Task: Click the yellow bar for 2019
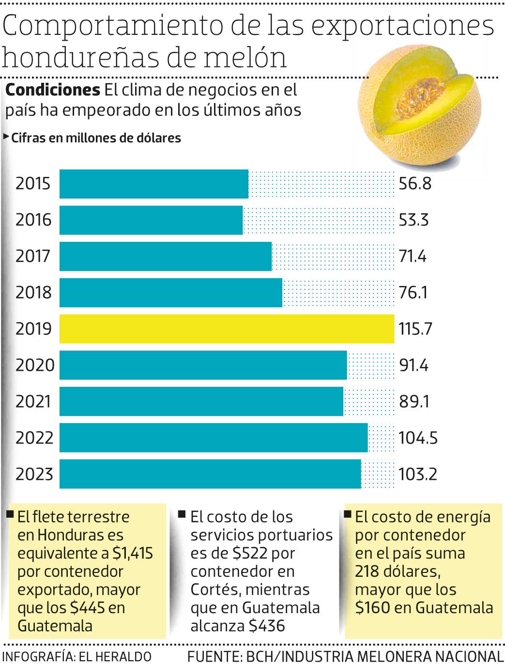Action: point(227,329)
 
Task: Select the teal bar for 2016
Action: point(151,220)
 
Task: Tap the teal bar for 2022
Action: point(213,438)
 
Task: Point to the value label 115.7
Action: point(415,329)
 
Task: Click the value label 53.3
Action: point(414,220)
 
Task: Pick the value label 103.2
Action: point(418,474)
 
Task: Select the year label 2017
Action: point(33,256)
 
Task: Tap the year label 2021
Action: point(33,401)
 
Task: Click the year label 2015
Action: point(33,184)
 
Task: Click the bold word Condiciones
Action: point(52,90)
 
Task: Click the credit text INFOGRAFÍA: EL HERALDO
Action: point(77,656)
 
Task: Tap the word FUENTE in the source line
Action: point(214,656)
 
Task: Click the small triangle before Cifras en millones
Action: point(6,137)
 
